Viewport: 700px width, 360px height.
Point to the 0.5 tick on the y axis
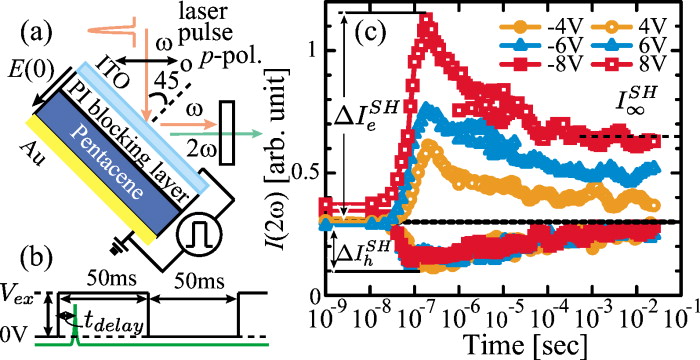click(x=313, y=172)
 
